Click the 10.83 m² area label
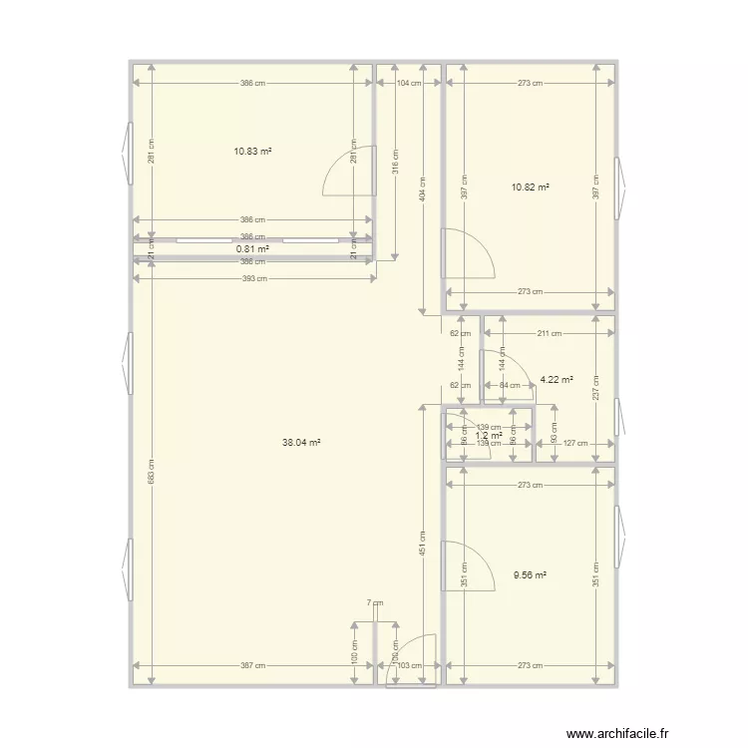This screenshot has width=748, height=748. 253,152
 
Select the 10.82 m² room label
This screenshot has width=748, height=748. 531,187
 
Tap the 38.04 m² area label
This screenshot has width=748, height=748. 301,442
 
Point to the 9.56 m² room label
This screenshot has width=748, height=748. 531,575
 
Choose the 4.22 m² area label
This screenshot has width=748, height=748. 557,379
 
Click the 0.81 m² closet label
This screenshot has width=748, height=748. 253,248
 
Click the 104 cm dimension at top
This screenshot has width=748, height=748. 408,84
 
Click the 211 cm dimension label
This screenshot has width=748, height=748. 549,333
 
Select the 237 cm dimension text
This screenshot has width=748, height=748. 595,379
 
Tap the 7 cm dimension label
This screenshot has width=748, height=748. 374,602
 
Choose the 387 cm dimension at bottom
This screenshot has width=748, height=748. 253,665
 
